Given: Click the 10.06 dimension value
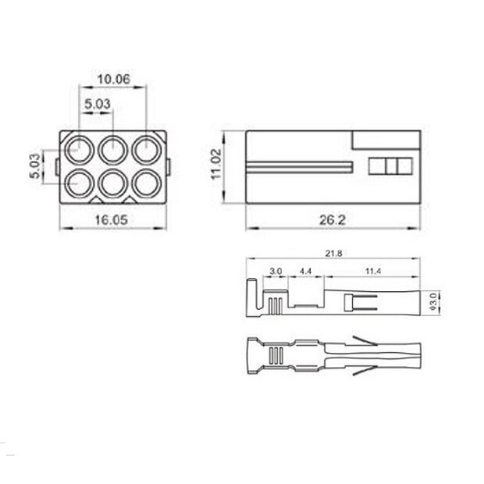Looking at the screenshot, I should [x=113, y=79].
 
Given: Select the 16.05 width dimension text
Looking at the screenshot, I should [x=112, y=220].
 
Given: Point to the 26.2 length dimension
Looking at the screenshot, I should [x=332, y=220].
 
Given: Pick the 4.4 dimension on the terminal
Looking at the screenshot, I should [x=305, y=271].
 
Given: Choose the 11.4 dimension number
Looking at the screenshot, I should [x=373, y=271].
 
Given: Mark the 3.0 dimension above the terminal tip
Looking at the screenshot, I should [x=275, y=271].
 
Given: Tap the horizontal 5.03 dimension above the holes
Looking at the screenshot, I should [x=96, y=102].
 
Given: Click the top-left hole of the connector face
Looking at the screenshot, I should [x=80, y=148].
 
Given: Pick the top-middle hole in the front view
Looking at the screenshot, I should [x=113, y=148].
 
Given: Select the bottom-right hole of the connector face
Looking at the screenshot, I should [x=146, y=182].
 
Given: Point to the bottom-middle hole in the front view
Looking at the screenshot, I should [x=113, y=182].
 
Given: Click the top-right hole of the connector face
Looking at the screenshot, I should [x=146, y=148].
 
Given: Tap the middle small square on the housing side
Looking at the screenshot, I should [x=390, y=166].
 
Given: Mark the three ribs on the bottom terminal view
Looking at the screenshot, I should [x=274, y=355].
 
